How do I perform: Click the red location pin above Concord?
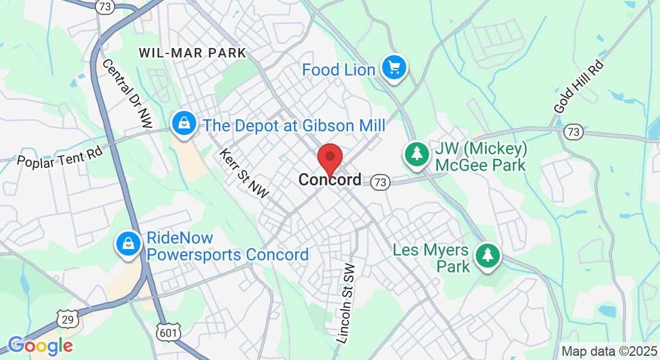(x=329, y=158)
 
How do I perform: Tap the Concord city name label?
(x=330, y=179)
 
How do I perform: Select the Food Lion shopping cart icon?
(x=394, y=68)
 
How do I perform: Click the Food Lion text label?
(x=338, y=70)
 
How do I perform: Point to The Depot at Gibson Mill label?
(x=294, y=125)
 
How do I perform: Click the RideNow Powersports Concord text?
(x=227, y=247)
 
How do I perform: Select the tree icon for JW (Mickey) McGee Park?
(x=416, y=154)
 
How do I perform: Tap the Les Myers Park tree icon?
(x=488, y=256)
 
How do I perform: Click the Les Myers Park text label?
(x=433, y=257)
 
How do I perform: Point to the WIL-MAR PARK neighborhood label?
(x=192, y=53)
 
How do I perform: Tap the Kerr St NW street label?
(x=244, y=173)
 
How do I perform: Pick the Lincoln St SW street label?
(x=346, y=304)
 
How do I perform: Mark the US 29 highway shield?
(x=68, y=319)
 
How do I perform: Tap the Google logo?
(x=40, y=345)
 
